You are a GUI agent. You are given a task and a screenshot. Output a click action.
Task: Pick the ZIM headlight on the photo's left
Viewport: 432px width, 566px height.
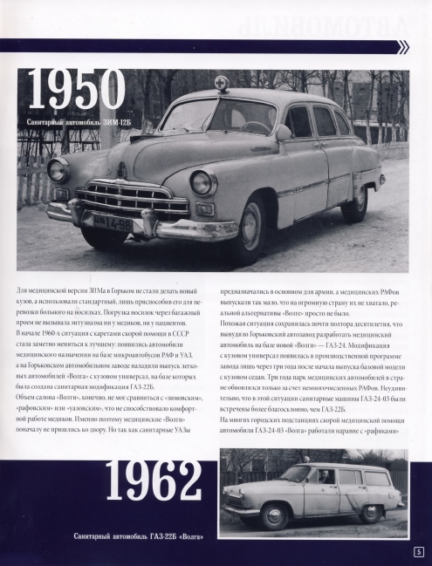(58, 169)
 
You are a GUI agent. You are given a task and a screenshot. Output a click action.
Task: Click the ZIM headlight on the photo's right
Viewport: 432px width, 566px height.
(202, 183)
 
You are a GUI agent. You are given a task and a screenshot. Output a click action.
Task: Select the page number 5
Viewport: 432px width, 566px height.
(419, 551)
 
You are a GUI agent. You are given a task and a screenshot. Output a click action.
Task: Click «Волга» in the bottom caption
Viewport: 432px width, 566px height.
(189, 534)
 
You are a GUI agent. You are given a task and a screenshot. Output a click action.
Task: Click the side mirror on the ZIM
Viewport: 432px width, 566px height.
(283, 133)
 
